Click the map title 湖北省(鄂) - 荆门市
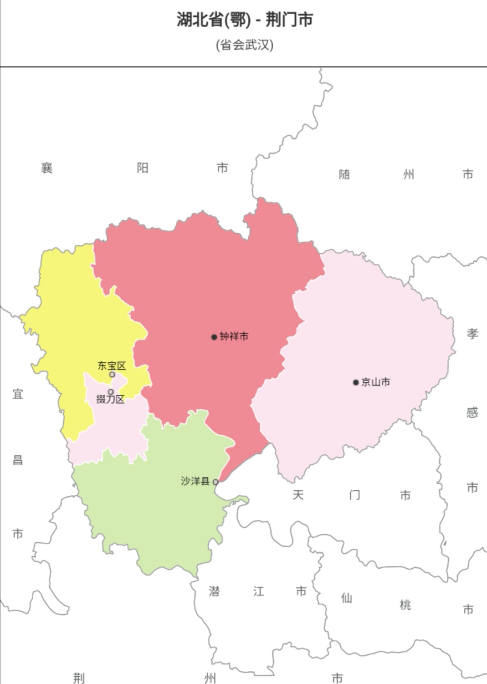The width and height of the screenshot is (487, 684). click(245, 20)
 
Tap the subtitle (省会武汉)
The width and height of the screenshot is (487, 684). click(245, 45)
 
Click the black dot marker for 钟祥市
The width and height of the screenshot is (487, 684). click(214, 337)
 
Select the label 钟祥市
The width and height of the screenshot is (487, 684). click(234, 337)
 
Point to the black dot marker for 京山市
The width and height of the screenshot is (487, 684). click(356, 382)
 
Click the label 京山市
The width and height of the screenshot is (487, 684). click(376, 382)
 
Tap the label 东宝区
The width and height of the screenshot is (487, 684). click(112, 365)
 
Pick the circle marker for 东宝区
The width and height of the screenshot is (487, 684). click(112, 375)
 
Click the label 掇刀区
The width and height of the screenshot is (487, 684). click(110, 400)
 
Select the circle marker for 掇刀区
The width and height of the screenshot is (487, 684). click(111, 392)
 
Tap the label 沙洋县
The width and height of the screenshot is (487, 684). click(195, 481)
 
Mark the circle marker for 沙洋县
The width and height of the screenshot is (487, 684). click(215, 482)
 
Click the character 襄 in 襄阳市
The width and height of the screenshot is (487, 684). click(47, 168)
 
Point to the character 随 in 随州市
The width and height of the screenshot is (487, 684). click(344, 175)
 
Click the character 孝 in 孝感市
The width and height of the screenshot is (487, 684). click(472, 334)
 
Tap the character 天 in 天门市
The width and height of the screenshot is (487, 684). click(298, 495)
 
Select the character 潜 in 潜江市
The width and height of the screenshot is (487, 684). click(214, 591)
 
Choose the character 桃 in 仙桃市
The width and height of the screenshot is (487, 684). click(405, 605)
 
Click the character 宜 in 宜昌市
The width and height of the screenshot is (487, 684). click(18, 394)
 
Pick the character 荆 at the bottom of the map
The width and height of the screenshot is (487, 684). click(79, 678)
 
